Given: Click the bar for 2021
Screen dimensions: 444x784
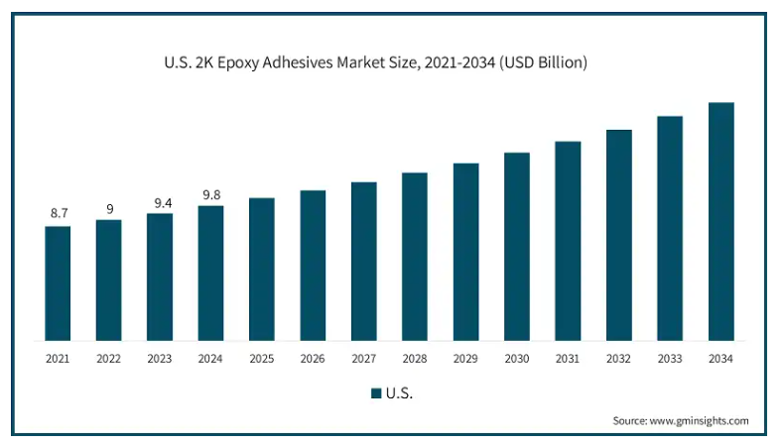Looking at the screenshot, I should point(58,283).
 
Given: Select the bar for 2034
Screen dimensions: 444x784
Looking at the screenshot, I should point(720,222).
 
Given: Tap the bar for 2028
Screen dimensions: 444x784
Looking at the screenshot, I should point(415,257).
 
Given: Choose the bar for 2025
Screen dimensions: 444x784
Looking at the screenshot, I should point(262,270).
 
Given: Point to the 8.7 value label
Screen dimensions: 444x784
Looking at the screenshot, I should point(58,213).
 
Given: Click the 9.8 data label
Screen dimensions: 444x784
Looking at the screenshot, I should point(210,194).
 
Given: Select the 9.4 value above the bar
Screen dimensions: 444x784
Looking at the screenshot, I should point(160,202).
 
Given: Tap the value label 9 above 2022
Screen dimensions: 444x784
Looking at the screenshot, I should point(109,208).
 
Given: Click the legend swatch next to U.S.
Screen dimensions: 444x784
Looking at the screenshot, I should point(376,393).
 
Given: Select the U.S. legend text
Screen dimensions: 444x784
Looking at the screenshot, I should point(400,393).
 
